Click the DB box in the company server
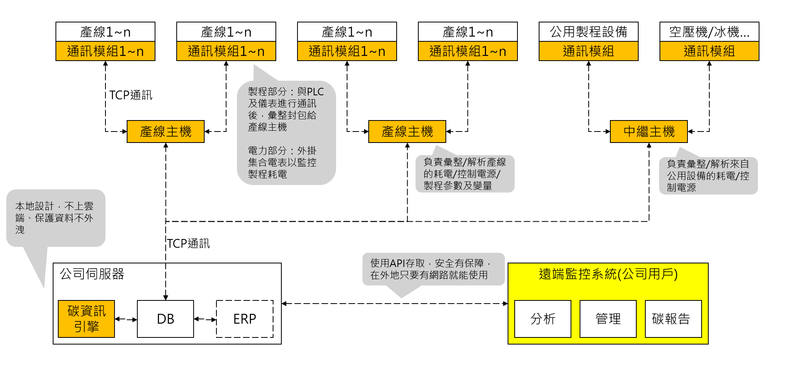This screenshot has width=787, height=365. [x=165, y=319]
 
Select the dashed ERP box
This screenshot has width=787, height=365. [x=244, y=319]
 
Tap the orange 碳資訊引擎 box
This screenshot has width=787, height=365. [x=86, y=319]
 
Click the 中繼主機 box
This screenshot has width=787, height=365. [x=648, y=132]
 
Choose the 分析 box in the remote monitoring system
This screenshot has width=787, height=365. [x=543, y=319]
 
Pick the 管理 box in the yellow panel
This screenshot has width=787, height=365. [x=608, y=319]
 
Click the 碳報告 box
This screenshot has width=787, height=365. [x=673, y=319]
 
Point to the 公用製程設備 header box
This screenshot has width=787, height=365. [x=588, y=32]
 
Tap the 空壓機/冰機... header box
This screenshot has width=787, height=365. [x=709, y=32]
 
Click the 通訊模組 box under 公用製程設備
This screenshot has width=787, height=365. [x=588, y=51]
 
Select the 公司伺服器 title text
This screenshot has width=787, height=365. [x=92, y=274]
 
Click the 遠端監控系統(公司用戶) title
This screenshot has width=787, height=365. [x=608, y=274]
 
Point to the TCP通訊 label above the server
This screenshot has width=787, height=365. [x=188, y=244]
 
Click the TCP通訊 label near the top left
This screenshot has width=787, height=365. [x=131, y=95]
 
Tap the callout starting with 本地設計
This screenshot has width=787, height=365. [x=55, y=218]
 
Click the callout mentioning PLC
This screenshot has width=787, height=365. [x=286, y=133]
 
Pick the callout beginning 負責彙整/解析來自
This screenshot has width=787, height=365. [x=708, y=176]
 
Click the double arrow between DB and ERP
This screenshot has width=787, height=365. [x=205, y=319]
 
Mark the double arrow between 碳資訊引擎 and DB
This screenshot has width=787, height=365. [x=126, y=319]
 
